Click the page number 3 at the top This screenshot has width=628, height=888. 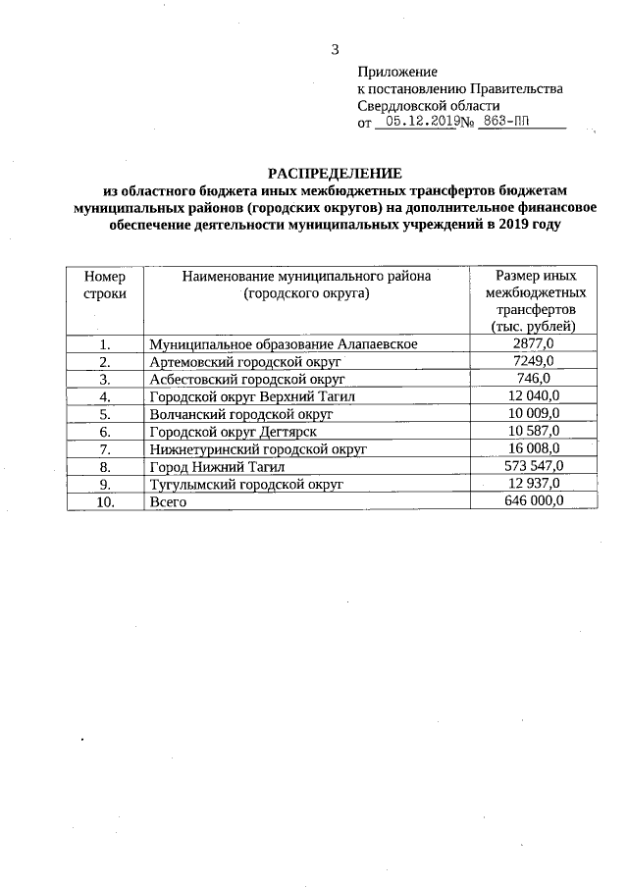coord(335,49)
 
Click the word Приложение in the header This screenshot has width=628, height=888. coord(397,71)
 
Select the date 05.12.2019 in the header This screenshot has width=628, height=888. coord(420,123)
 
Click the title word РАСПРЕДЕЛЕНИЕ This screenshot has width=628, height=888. coord(336,174)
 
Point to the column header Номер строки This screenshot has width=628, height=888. coord(104,286)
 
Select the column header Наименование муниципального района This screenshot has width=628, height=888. coord(306,285)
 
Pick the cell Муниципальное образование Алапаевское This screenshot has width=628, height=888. coord(284,344)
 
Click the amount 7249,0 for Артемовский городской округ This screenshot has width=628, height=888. coord(535,362)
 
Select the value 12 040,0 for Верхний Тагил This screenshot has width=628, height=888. coord(535,396)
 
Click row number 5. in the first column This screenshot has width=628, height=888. coord(105,414)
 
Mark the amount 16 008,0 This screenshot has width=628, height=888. coord(535,448)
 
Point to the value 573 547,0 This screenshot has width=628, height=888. coord(535,466)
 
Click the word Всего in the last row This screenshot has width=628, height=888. coord(167,502)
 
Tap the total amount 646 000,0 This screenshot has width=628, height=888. coord(535,501)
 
